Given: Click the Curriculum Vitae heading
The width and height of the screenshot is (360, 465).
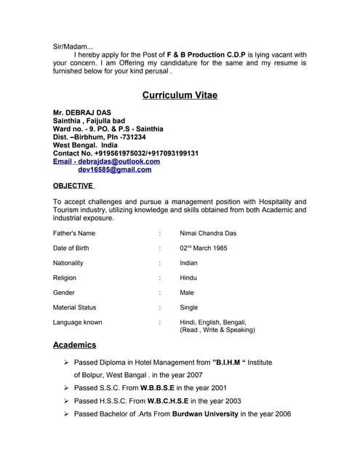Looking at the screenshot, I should pos(180,95).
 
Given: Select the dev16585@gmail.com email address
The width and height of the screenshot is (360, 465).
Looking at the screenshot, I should pos(114,169).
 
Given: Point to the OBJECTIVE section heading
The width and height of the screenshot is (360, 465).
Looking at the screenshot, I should pos(73,185).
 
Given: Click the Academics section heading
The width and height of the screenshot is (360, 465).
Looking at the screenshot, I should pos(74,344).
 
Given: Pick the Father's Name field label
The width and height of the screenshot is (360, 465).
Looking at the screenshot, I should pos(74,233).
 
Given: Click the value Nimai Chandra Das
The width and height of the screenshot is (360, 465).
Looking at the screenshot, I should pos(208,233).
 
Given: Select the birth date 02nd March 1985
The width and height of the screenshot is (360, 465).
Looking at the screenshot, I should pos(204,248).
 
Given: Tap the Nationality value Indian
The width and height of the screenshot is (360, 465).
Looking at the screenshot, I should pos(188,263).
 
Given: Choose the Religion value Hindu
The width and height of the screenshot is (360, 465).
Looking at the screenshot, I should pos(188,278).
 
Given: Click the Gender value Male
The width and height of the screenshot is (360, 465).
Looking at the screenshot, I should pos(187,293).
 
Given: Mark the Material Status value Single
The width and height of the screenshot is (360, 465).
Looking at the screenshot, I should pos(188,307).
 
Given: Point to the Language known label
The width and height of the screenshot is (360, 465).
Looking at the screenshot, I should pos(78,322).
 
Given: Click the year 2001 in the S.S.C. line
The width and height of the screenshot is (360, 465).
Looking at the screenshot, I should pos(216,388).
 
